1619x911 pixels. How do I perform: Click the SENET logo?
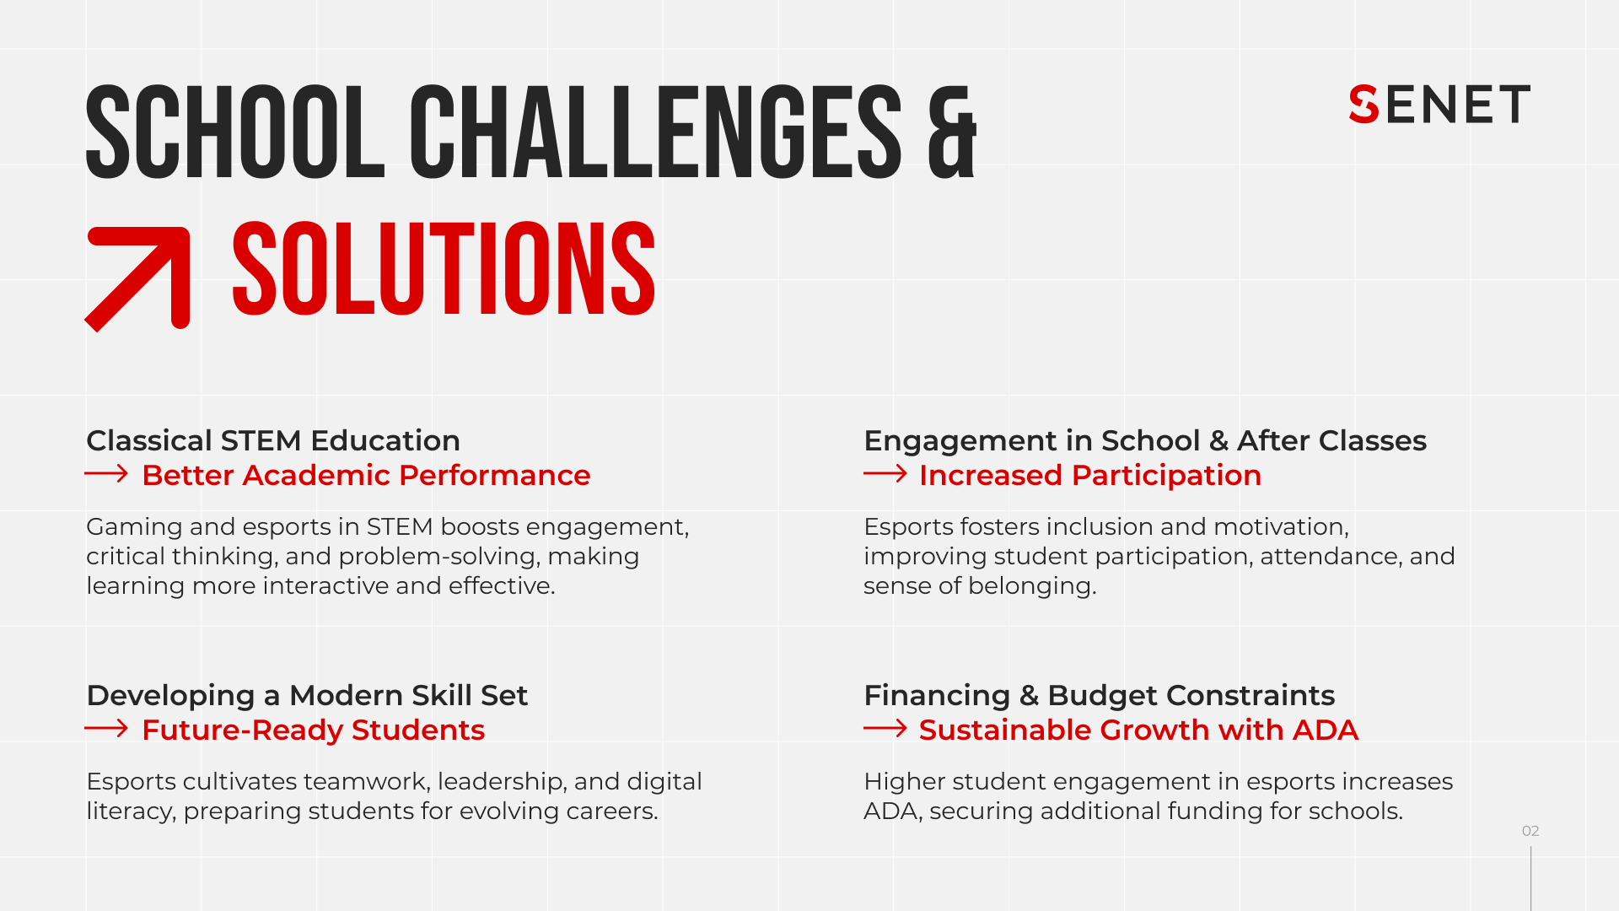point(1439,105)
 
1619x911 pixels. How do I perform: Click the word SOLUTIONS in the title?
point(444,270)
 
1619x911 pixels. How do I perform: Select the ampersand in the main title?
point(951,133)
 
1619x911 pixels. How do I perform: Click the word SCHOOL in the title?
point(235,133)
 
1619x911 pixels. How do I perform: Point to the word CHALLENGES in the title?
point(656,133)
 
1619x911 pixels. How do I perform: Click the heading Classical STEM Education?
point(273,440)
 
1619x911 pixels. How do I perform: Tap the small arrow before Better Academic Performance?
point(106,474)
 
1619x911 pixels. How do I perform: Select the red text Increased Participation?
point(1089,476)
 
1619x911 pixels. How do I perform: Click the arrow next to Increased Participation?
point(885,474)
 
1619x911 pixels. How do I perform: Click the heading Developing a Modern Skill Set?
point(307,695)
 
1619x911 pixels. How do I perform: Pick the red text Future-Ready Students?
point(313,730)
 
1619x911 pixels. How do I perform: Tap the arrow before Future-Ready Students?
point(106,729)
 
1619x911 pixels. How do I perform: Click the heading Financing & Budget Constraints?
point(1099,695)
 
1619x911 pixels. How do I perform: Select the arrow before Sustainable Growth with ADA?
point(885,729)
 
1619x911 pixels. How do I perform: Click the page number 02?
point(1530,831)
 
